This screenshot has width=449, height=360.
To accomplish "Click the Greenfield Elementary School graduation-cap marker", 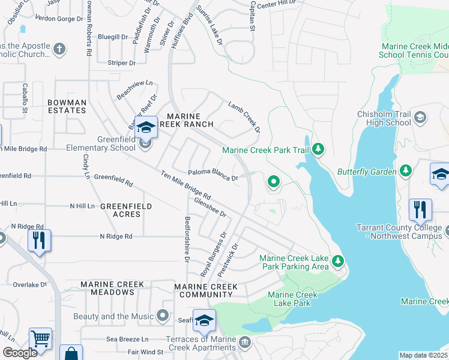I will point(145,128).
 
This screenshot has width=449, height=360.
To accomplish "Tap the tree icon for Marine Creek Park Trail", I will point(319,149).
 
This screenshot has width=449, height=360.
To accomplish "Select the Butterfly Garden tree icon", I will point(406,172).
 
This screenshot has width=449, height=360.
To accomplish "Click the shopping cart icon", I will point(40,338).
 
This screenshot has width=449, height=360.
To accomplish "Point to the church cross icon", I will point(59,49).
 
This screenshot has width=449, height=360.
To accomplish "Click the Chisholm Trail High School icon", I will point(420,118).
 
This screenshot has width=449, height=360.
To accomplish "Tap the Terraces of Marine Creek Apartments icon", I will point(244,342).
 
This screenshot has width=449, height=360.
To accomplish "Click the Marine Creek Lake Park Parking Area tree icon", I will point(338,262).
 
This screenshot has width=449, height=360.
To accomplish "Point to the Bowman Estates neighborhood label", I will point(67,106).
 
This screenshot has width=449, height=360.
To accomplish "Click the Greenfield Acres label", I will point(125,206).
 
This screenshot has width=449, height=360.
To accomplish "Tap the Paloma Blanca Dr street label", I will point(212,175).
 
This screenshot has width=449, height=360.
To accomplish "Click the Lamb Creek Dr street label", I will point(244,116).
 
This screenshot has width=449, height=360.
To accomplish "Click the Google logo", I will point(20,353).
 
